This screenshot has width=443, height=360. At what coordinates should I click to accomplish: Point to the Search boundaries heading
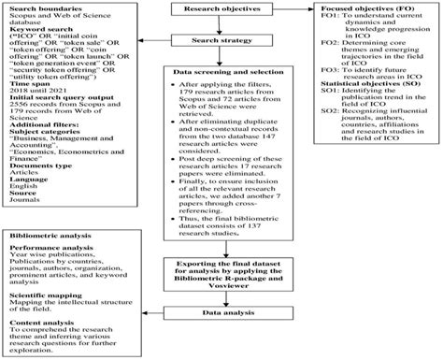40,7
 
